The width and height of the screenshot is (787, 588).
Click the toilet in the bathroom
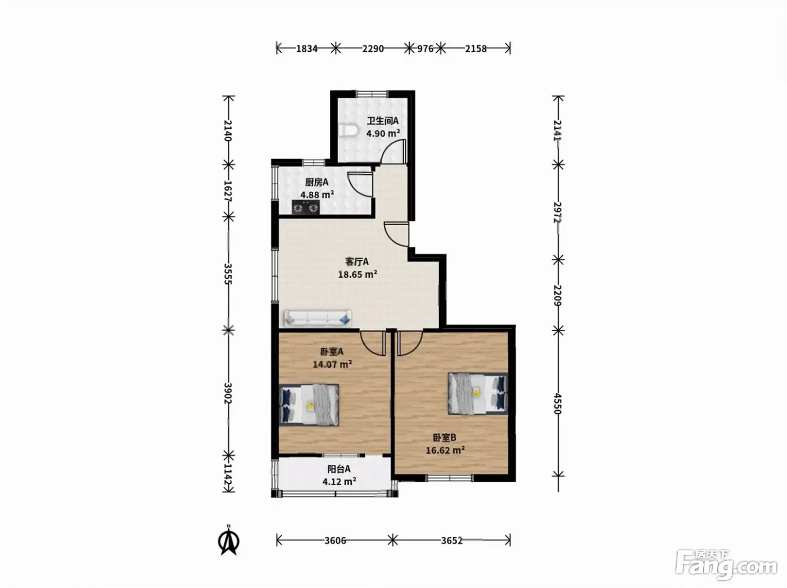349,130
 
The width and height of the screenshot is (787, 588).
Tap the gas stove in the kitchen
305,207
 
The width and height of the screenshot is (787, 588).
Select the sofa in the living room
318,318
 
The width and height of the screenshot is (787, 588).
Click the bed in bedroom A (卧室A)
309,405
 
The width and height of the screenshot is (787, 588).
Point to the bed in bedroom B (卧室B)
478,393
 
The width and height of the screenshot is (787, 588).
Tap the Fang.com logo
726,566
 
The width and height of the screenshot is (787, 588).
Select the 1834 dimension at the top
306,48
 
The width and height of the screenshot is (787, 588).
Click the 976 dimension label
425,48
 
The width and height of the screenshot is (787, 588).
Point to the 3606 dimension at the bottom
335,540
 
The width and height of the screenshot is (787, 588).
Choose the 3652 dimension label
452,540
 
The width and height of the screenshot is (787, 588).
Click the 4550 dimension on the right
557,404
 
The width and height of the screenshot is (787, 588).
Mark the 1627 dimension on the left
228,191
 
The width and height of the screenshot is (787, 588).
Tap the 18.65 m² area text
358,274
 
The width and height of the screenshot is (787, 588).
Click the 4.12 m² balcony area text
339,481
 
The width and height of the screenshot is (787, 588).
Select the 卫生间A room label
383,121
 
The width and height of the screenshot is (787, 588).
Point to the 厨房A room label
316,182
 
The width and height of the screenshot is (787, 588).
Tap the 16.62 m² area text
445,450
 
